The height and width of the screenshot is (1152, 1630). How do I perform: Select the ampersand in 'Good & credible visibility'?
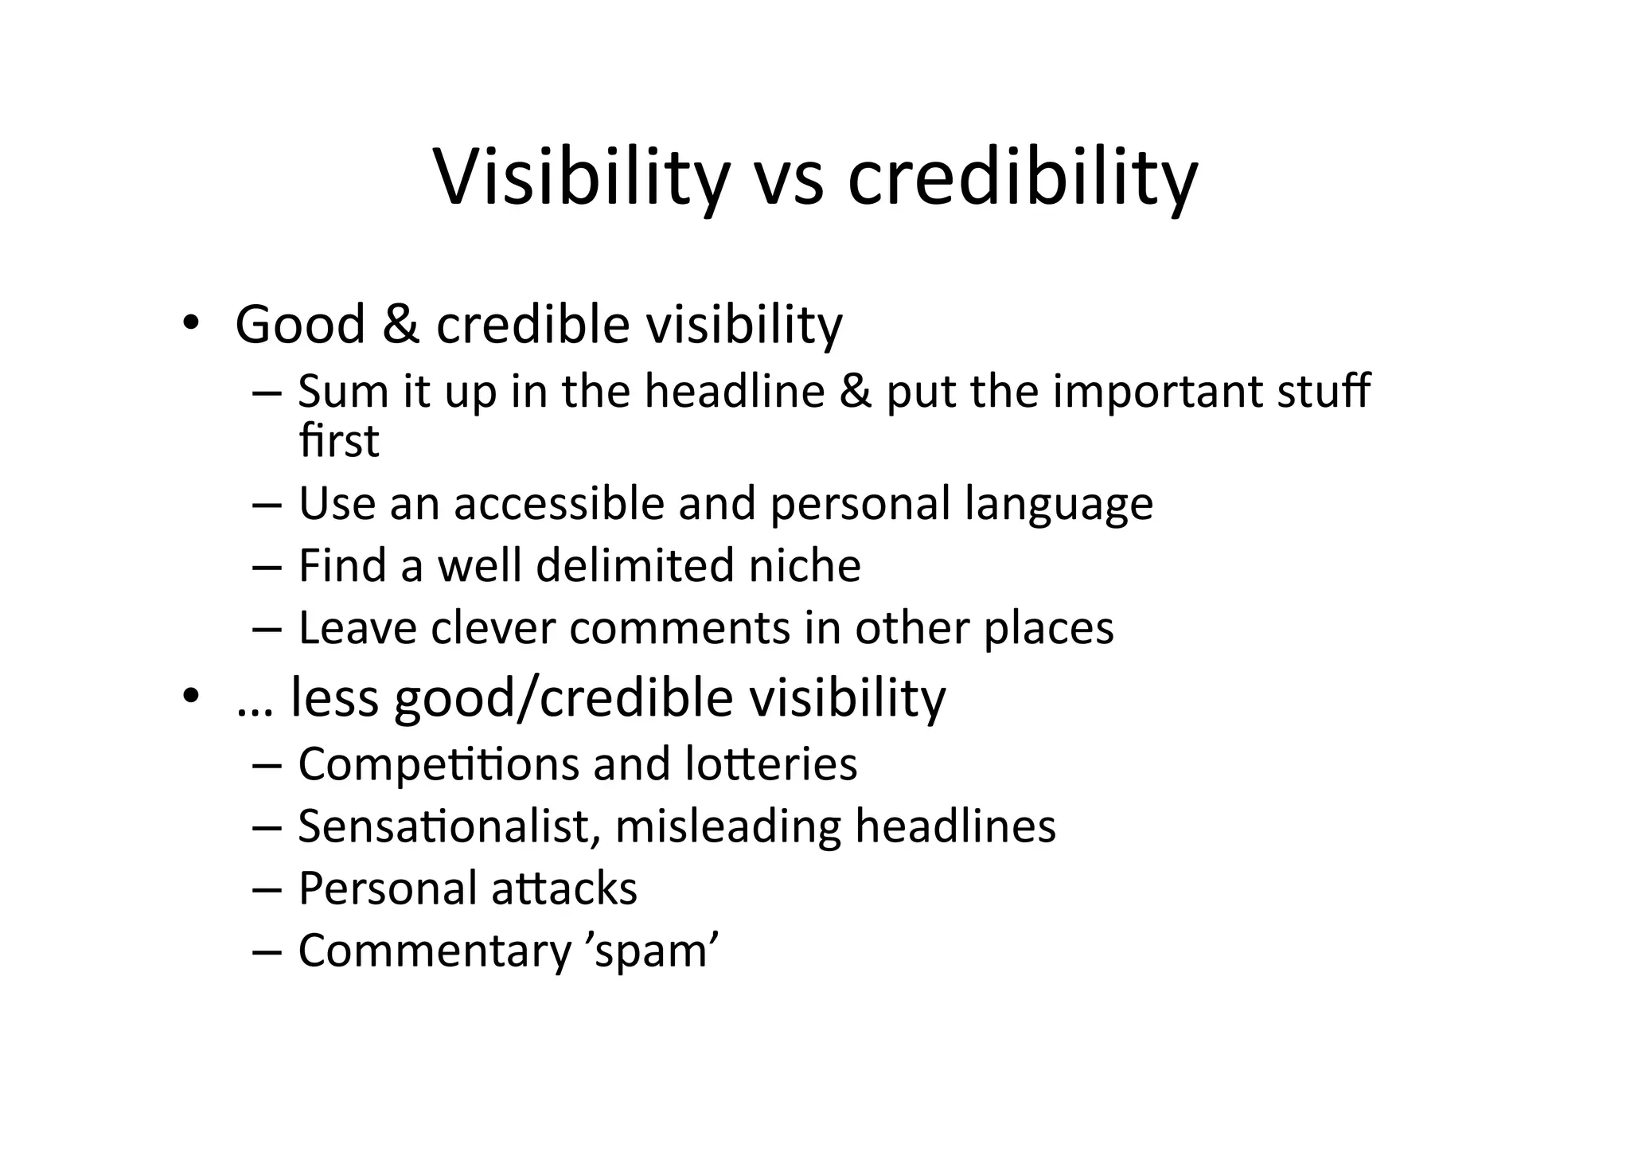(x=400, y=325)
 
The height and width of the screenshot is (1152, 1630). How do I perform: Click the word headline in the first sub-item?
(x=734, y=392)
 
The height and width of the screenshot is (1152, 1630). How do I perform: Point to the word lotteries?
(x=770, y=763)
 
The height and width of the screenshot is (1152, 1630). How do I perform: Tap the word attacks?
(x=563, y=888)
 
